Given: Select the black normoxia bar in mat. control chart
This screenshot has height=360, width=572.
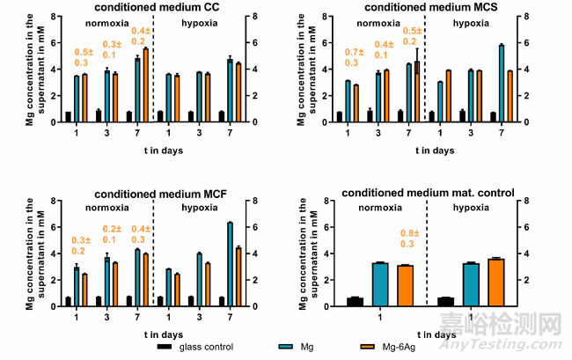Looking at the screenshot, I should (x=355, y=302).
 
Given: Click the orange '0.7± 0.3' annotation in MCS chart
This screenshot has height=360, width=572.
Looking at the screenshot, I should (x=355, y=57).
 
